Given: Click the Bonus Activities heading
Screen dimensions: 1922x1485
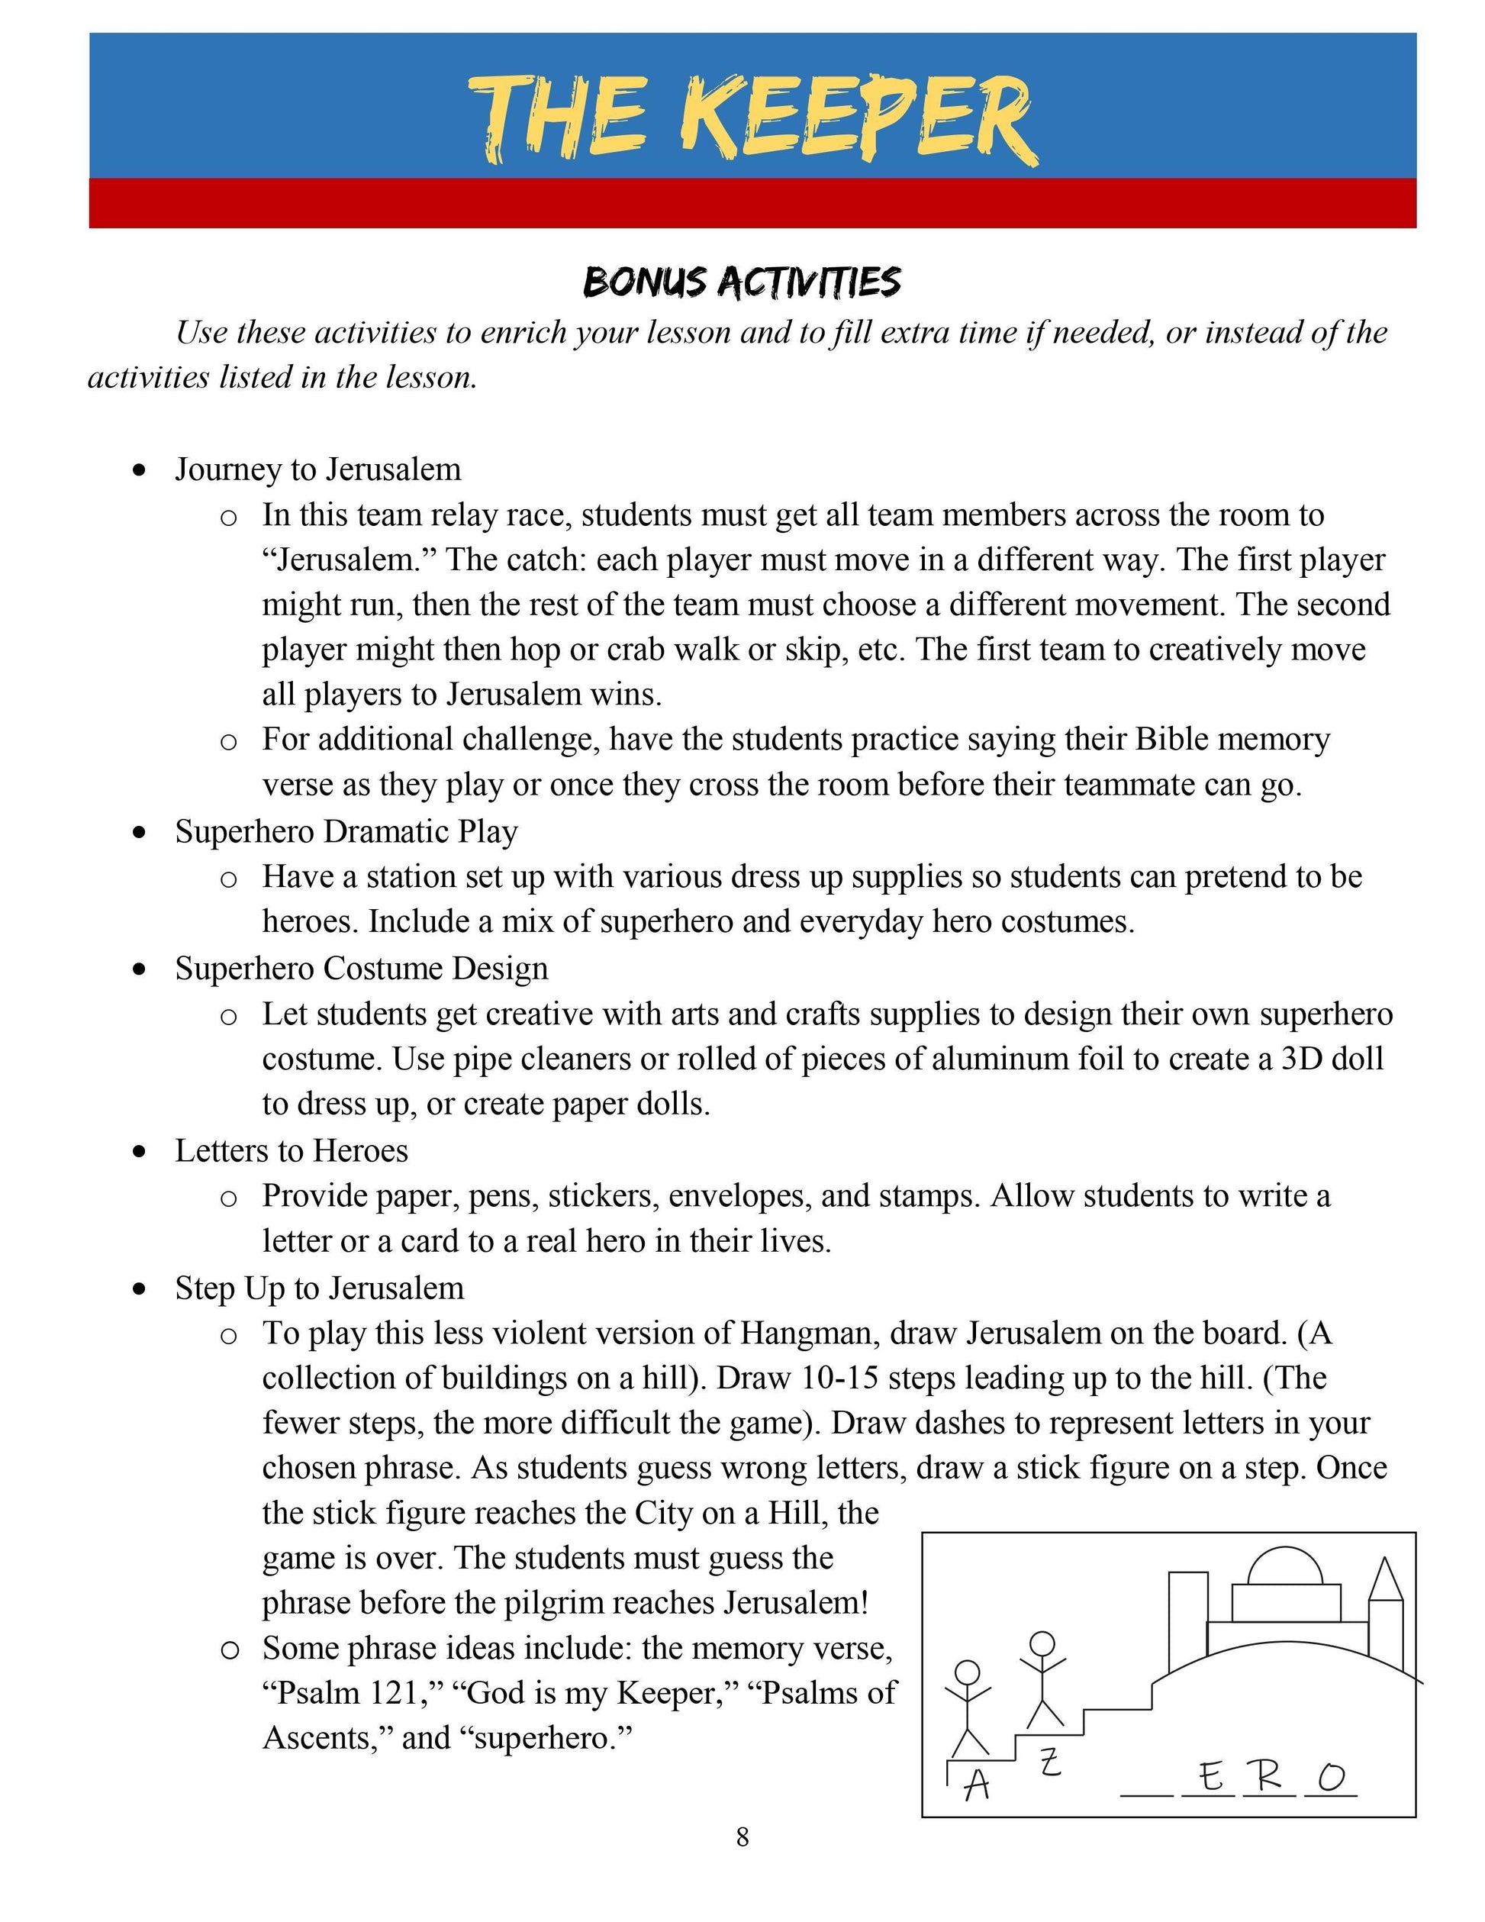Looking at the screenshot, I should (x=742, y=282).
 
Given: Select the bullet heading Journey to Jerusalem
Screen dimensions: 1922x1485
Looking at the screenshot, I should (x=317, y=469).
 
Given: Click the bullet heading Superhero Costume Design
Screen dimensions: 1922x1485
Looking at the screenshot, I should (x=361, y=968).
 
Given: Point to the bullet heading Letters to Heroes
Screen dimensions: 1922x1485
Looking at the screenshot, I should (x=292, y=1150).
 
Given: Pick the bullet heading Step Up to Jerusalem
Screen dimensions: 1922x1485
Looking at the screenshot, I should (x=318, y=1288).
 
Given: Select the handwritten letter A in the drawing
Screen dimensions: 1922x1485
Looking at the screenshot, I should (x=977, y=1785).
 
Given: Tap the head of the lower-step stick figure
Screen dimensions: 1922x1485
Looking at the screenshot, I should (x=967, y=1672).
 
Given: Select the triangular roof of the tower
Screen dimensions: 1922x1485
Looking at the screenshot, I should (x=1386, y=1579).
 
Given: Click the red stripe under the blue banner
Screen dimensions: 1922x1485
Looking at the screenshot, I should (x=752, y=203).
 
